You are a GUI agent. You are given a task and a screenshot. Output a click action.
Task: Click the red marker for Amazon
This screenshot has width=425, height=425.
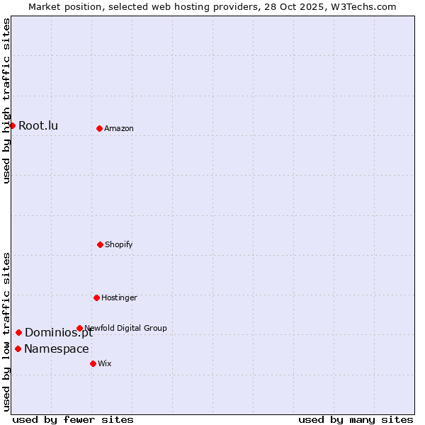coord(99,128)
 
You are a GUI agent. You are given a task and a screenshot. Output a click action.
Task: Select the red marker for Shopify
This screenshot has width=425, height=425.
coord(100,244)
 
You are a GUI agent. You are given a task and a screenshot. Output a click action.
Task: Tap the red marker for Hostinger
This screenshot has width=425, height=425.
coord(96,297)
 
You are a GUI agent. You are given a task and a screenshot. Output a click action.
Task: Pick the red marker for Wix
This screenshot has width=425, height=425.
coord(93,363)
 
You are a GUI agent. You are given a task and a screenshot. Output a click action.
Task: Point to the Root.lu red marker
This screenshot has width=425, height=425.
coord(12,125)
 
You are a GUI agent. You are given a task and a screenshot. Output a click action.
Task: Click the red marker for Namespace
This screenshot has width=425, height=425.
coord(18,348)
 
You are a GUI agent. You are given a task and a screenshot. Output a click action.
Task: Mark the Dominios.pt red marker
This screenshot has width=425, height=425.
coord(18,332)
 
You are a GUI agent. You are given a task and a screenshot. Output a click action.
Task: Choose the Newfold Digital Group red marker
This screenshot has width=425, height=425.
coord(79,328)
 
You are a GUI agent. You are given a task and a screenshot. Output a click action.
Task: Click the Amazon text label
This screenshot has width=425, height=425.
coord(119,128)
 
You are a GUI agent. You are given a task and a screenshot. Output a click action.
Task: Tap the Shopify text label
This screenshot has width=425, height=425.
coord(119,244)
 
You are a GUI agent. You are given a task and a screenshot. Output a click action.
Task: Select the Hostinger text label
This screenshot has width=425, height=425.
coord(119,297)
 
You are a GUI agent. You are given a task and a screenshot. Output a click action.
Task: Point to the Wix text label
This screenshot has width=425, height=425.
coord(105,363)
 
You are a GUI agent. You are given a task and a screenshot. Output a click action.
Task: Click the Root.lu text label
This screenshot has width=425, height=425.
coord(38,126)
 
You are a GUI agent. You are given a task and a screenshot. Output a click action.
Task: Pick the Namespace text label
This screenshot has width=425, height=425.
coord(57,348)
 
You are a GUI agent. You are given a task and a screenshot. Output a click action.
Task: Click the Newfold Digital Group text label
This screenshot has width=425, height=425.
coord(126,328)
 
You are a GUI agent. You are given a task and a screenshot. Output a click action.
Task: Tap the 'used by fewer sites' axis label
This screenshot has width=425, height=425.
coord(73,419)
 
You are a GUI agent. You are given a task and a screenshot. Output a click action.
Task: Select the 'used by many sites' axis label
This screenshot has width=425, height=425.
coord(356,419)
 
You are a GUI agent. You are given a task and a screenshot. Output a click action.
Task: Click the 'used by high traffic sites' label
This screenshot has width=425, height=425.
coord(6,101)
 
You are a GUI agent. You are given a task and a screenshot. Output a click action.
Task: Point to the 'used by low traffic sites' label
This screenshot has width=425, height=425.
coord(6,331)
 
